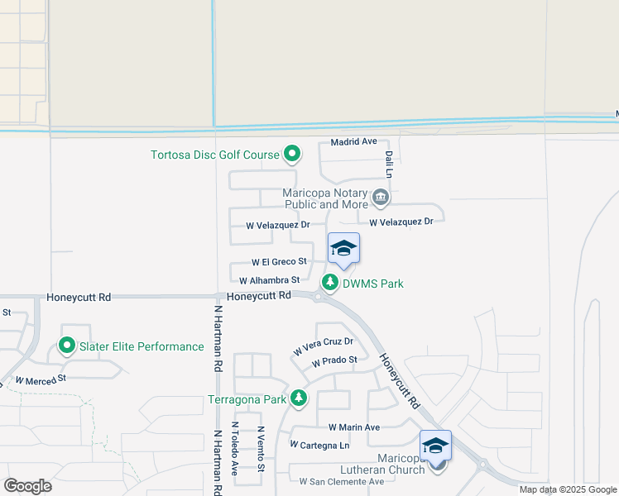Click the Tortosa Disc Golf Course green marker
(x=291, y=154)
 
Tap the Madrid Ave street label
(x=353, y=142)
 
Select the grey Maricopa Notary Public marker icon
(x=381, y=197)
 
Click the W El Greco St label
(x=279, y=262)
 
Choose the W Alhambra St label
(x=269, y=281)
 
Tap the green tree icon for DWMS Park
(x=330, y=283)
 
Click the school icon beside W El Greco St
(x=343, y=248)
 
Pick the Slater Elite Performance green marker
(x=67, y=346)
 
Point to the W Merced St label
(x=40, y=380)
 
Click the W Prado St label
(x=334, y=361)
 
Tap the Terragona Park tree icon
(x=299, y=399)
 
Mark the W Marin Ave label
(x=353, y=427)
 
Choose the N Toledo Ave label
(x=235, y=448)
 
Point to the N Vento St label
(x=260, y=450)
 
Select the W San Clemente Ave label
(x=342, y=481)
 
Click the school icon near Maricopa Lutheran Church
(x=435, y=446)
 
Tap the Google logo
(x=27, y=486)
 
